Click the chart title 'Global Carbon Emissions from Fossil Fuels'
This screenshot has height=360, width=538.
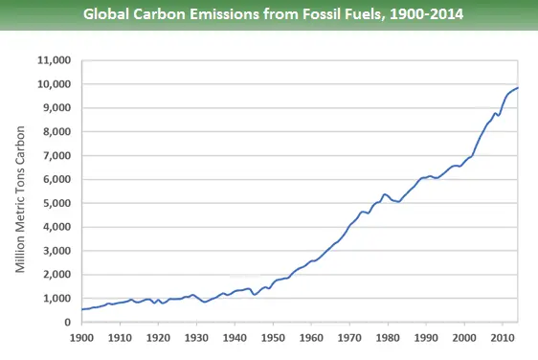point(269,15)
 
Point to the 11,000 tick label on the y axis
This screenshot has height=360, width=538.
point(54,60)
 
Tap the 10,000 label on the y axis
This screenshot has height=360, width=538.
point(54,84)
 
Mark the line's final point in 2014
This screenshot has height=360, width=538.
point(518,88)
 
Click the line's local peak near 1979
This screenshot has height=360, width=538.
point(384,194)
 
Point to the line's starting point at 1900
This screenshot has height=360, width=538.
point(81,309)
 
